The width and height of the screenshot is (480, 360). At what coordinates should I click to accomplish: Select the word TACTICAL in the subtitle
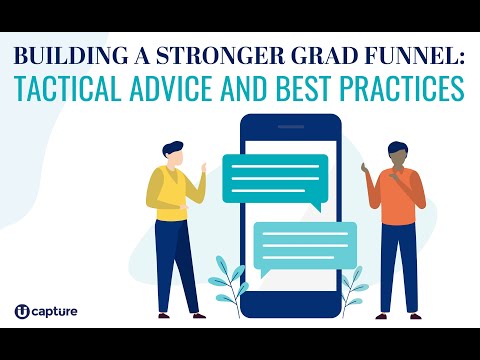[82, 89]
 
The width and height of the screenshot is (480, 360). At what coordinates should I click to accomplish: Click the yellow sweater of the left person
[170, 196]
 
